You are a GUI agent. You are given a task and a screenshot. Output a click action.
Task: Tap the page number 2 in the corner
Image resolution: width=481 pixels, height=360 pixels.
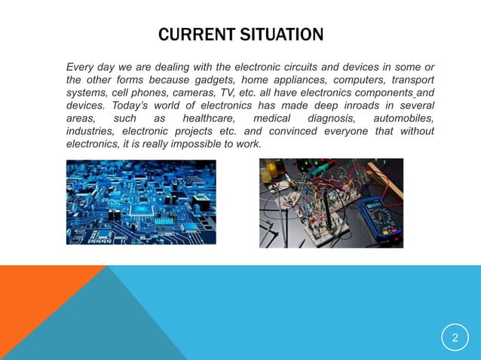(x=455, y=338)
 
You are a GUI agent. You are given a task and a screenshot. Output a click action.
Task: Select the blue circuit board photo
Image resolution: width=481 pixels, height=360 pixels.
(x=141, y=203)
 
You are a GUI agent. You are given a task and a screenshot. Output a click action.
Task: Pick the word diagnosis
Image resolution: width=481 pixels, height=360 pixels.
(x=330, y=118)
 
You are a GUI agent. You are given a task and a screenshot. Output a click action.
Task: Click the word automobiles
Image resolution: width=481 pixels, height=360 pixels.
(x=407, y=118)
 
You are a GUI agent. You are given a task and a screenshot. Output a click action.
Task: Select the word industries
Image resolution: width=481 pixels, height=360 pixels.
(x=87, y=131)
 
